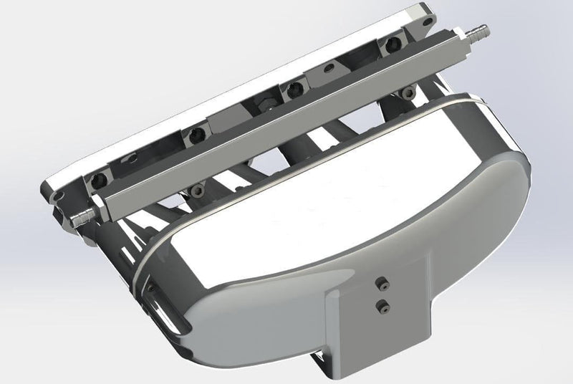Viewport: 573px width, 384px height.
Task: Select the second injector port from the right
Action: point(293,89)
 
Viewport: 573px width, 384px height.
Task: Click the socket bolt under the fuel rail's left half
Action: point(194,190)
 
